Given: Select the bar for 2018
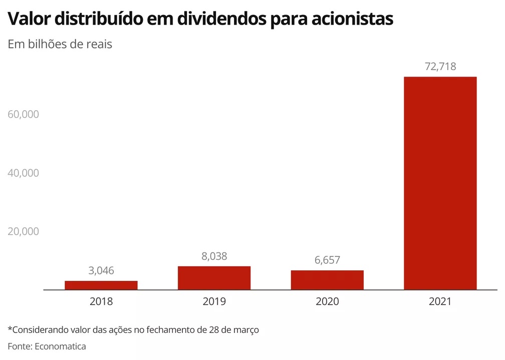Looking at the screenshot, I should point(101,285).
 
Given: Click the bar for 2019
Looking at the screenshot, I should point(214,278).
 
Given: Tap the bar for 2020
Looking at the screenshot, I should point(327,280).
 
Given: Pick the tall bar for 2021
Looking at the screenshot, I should point(440,183).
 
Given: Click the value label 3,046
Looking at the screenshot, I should point(101,271).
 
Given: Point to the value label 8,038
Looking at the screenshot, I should point(214,256).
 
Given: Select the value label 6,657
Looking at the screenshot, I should point(327,260).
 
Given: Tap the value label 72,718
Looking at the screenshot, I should point(440,67).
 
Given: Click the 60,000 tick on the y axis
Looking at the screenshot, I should point(24,114).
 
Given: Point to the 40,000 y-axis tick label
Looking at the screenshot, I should point(24,173).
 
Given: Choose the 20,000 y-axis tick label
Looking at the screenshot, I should point(24,232).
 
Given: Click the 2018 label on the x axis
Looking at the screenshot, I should point(101,302).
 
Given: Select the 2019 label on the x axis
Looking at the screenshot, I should point(214,302).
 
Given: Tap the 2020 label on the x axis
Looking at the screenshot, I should point(327,302).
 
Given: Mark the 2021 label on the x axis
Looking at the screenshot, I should point(440,302).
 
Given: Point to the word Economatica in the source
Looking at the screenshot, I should point(60,346).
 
